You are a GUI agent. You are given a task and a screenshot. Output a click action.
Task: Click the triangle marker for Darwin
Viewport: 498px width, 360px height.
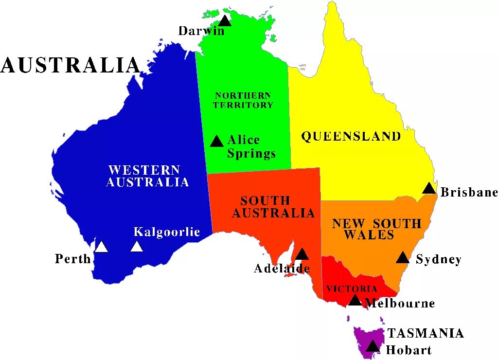[224, 21]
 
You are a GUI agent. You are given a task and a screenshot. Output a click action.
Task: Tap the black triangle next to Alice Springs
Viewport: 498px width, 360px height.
[217, 142]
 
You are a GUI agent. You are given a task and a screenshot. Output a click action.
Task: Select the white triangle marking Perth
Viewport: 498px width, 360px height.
[101, 247]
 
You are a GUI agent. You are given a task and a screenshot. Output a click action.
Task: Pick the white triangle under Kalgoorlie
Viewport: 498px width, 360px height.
[137, 247]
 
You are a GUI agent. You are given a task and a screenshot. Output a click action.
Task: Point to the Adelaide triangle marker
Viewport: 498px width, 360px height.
[302, 254]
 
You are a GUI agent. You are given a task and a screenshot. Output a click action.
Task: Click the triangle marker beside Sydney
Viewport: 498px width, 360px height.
[403, 258]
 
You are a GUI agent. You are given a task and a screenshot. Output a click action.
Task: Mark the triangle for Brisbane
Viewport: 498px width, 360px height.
[429, 189]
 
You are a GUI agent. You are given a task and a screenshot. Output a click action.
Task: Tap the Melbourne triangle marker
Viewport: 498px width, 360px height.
[355, 301]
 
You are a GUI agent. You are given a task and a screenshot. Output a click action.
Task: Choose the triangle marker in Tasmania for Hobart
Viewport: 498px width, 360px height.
[373, 346]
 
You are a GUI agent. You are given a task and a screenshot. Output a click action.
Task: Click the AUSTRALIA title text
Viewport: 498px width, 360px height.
[71, 65]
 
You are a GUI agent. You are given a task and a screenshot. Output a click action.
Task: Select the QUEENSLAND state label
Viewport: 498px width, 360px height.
[351, 136]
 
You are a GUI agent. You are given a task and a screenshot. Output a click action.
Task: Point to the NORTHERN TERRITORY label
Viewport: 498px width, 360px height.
[243, 100]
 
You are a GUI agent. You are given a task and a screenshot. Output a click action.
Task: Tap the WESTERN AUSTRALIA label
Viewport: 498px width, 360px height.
[147, 176]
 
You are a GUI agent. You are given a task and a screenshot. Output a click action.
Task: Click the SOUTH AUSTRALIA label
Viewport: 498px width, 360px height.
[273, 207]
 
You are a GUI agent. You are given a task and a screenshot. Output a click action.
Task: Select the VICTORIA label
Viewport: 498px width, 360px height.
[352, 289]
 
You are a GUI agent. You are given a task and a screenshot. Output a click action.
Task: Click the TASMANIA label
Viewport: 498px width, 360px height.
[425, 333]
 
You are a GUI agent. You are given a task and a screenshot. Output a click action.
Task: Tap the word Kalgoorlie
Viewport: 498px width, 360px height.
[167, 232]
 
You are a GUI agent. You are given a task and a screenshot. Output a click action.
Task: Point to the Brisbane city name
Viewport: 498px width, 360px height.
[469, 193]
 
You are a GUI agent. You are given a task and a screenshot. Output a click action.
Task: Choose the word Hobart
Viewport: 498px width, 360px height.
[409, 350]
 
